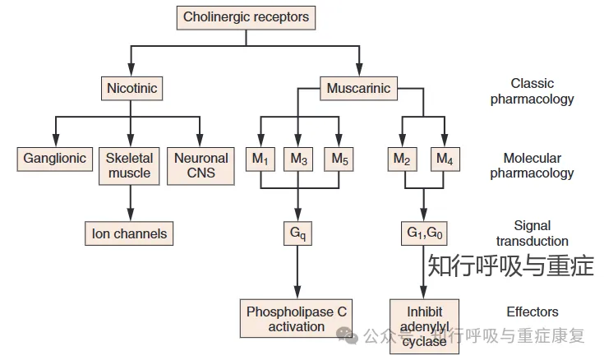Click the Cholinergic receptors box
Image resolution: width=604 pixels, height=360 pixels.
coord(247,16)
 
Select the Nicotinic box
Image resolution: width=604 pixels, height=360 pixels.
coord(131,87)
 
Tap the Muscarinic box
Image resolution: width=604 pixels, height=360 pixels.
coord(359,87)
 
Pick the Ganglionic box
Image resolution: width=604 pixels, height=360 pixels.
coord(55,158)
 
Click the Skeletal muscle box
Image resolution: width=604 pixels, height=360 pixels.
coord(130,165)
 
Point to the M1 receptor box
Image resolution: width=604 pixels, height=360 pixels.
coord(261,158)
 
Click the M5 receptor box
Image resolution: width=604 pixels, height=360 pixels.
coord(339,158)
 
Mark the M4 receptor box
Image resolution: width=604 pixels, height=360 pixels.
coord(444,158)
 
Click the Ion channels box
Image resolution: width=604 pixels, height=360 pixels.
coord(130,233)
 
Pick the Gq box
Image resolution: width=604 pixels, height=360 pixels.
coord(297,233)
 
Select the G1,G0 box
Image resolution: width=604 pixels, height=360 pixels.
coord(423,233)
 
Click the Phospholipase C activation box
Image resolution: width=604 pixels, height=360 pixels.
coord(297,319)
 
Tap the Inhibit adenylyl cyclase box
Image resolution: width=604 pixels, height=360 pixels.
coord(424,326)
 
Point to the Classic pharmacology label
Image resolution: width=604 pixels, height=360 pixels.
coord(533,91)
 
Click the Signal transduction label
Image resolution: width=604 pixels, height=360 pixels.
coord(533,233)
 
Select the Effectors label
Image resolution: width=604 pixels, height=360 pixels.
coord(533,312)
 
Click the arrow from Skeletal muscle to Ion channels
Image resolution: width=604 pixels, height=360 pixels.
coord(130,203)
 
